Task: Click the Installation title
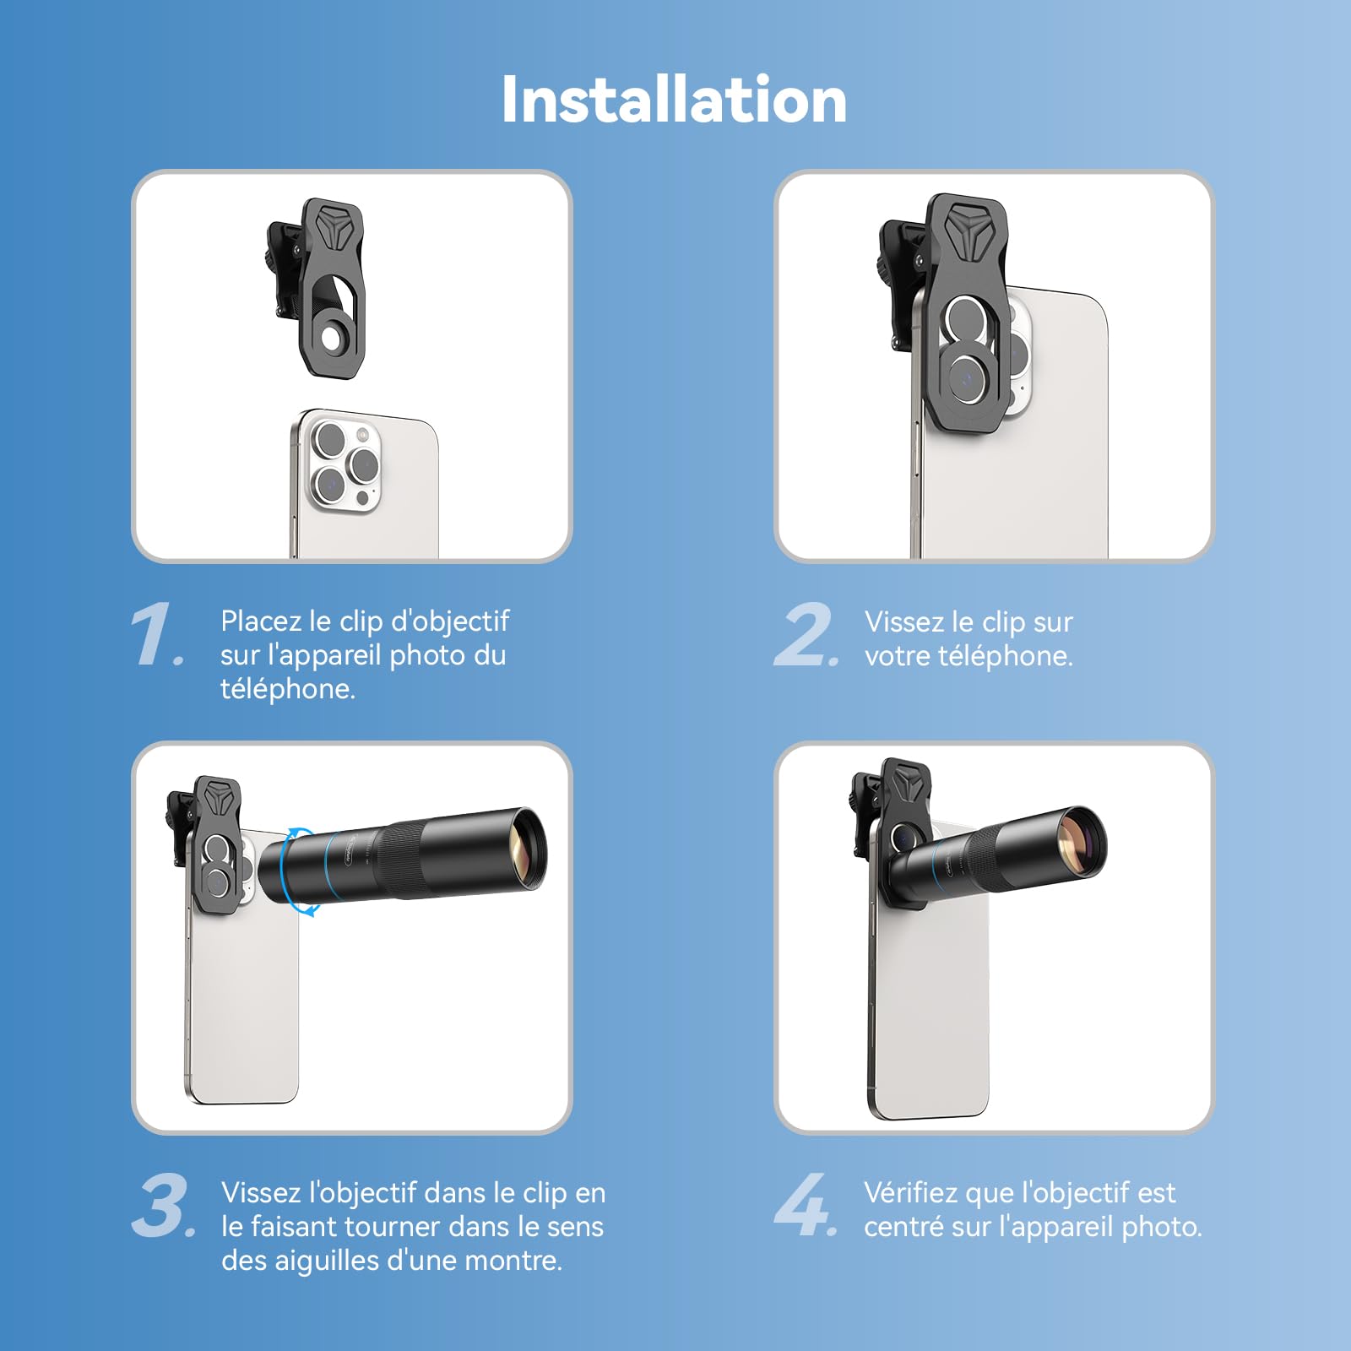674,100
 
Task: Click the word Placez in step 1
260,621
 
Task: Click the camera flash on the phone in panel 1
364,436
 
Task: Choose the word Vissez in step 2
904,622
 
